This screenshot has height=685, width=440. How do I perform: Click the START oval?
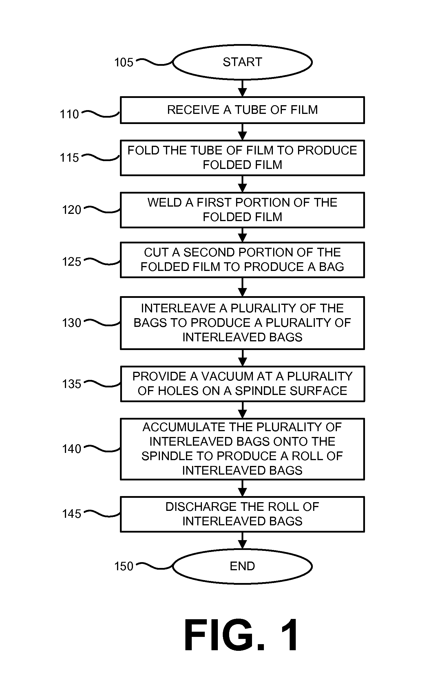(242, 62)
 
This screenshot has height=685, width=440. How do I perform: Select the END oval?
(242, 566)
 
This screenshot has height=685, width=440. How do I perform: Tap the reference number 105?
(124, 62)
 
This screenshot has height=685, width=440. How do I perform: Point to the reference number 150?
(124, 566)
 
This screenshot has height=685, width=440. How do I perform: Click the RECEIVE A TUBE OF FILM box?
(242, 110)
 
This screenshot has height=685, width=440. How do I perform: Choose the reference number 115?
(69, 158)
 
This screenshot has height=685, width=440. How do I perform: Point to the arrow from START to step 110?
(242, 88)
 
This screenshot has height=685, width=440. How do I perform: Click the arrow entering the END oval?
(242, 541)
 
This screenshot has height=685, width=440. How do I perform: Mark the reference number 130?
(72, 323)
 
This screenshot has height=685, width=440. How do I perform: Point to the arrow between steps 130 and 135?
(242, 358)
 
